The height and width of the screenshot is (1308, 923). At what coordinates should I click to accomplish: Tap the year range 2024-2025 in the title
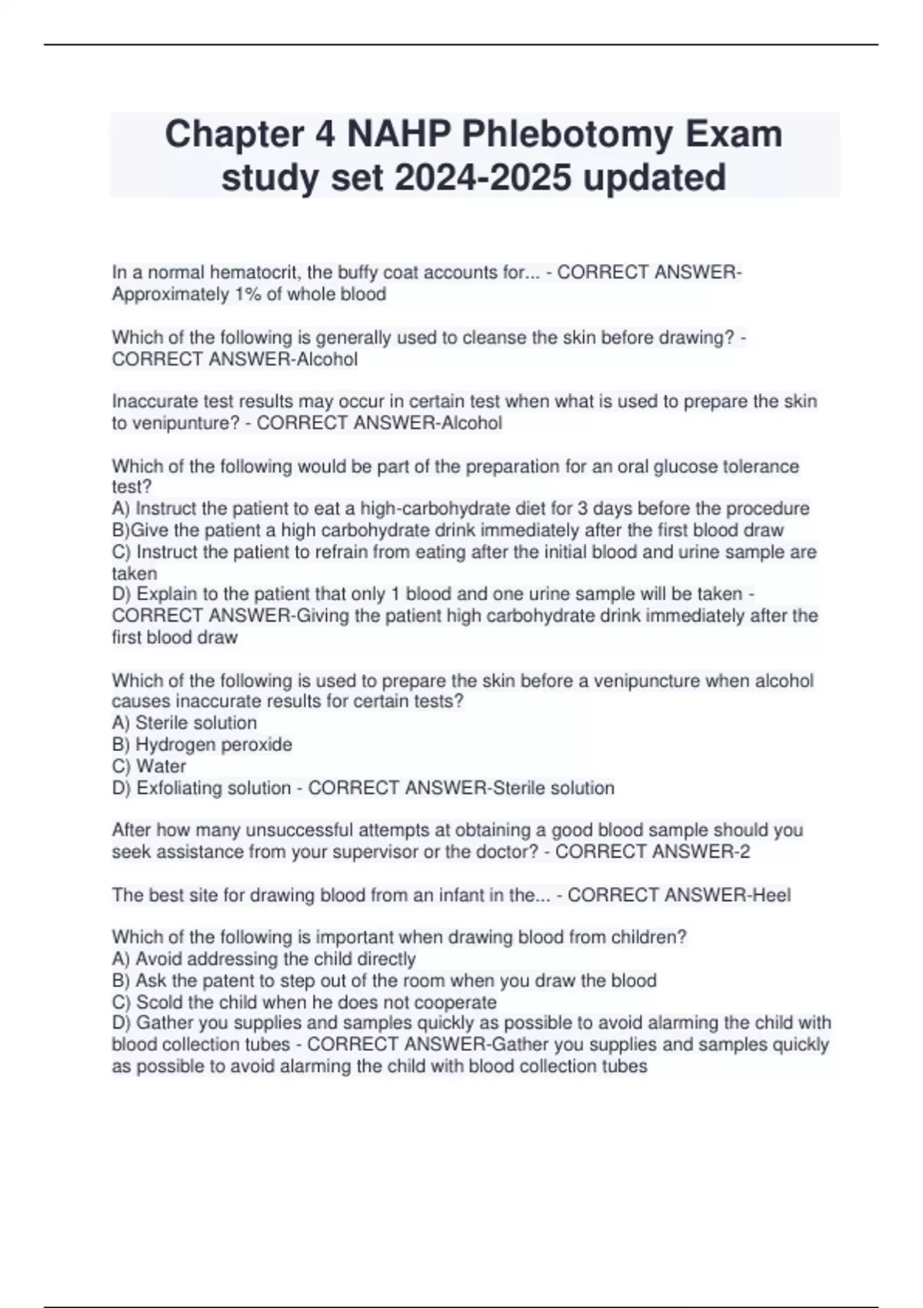tap(483, 178)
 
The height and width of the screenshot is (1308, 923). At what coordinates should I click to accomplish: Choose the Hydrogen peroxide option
tap(213, 744)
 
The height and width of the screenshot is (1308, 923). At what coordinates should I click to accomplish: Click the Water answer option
tap(161, 766)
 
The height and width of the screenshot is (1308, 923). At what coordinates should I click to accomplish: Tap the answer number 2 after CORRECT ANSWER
tap(744, 852)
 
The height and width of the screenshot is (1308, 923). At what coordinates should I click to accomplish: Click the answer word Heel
tap(771, 895)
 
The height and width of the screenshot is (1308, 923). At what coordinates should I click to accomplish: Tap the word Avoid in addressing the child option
tap(158, 959)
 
